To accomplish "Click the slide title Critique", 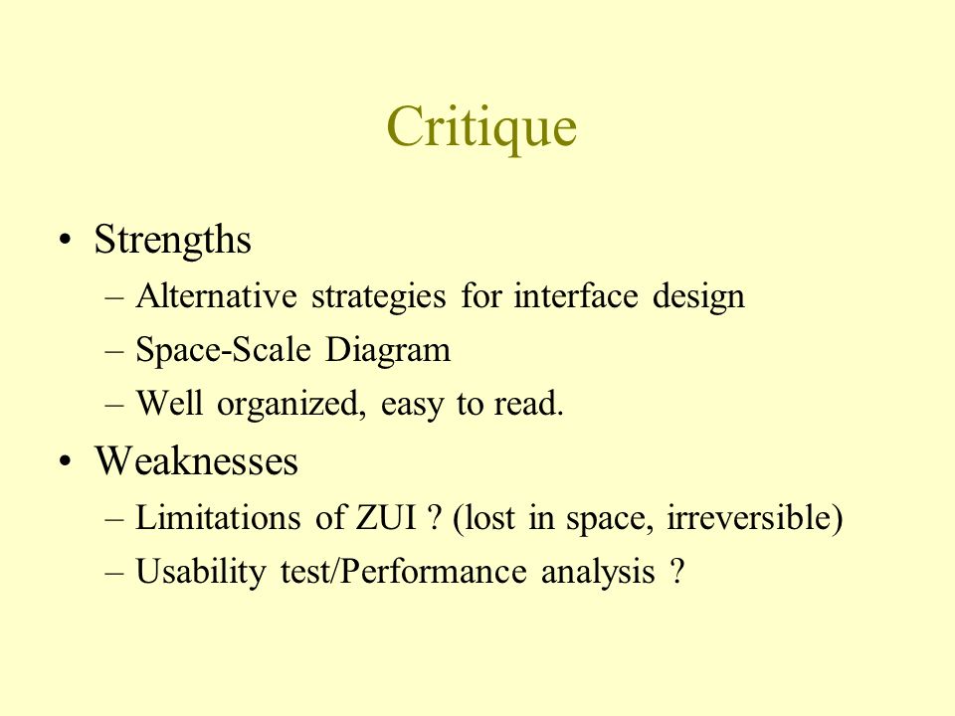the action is [x=481, y=127].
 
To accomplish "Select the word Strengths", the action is [x=172, y=240].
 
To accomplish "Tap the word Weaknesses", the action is [x=196, y=460].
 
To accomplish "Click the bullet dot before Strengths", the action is [x=66, y=240].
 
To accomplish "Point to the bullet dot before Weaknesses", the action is [x=66, y=460].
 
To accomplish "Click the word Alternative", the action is [x=216, y=296].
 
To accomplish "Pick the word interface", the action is [x=576, y=296].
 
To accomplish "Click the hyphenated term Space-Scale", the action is [x=223, y=350].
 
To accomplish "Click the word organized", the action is [x=291, y=405].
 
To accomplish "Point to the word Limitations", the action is [x=218, y=518].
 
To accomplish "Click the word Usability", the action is [x=200, y=573].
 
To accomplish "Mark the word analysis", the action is [x=598, y=573].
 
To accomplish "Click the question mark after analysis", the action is [x=677, y=571].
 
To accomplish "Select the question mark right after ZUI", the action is [x=434, y=517].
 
